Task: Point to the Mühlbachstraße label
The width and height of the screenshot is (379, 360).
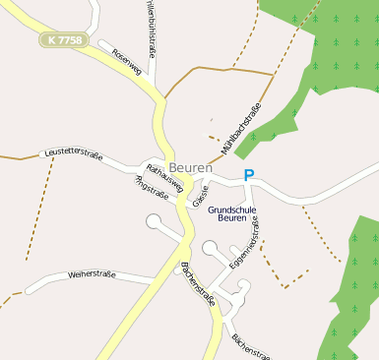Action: coord(241,130)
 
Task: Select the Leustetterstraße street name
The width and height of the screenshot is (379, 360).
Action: coord(74,153)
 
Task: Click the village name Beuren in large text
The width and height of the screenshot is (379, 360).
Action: coord(190,168)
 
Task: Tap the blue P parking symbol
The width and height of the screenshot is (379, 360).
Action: coord(249,176)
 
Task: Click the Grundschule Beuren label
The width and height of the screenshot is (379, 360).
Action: coord(232,213)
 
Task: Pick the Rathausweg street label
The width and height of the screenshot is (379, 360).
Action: coord(164,174)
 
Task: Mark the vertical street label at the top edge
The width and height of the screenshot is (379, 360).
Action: coord(151,22)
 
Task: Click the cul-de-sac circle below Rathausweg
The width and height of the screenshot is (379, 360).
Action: coord(154,222)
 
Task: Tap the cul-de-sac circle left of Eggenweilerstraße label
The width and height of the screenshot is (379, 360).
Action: coord(211,249)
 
